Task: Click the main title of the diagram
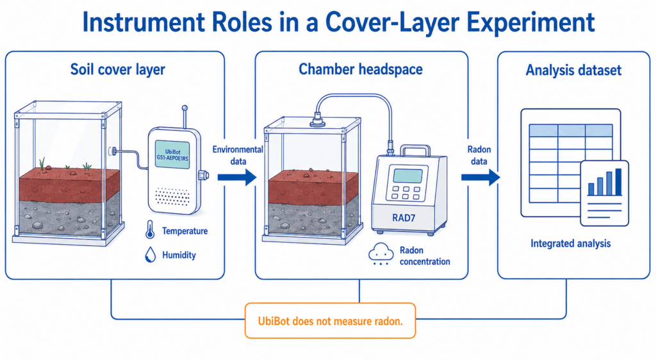338,22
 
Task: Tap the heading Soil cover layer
118,69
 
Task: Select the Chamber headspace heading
361,69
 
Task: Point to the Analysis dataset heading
573,70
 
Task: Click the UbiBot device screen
172,154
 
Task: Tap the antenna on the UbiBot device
184,117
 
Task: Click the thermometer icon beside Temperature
150,230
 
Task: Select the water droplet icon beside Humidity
150,255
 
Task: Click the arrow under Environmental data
237,177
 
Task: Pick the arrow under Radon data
480,177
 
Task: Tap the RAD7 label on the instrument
404,217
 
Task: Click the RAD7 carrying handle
415,151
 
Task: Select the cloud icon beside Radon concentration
381,254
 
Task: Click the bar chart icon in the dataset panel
605,183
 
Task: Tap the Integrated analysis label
571,243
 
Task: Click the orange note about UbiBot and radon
330,321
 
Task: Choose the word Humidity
179,255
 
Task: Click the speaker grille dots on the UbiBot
172,197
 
